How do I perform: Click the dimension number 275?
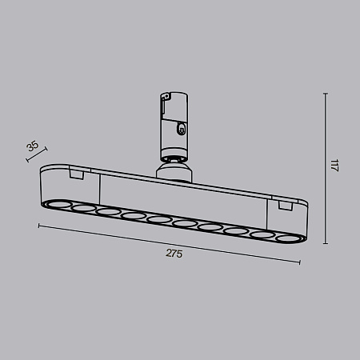[174, 254]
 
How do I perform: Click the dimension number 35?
[32, 146]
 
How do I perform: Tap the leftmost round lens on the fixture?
[58, 204]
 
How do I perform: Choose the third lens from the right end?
[234, 230]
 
